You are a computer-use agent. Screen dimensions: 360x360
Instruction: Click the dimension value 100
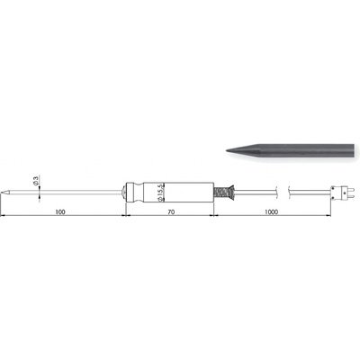click(60, 212)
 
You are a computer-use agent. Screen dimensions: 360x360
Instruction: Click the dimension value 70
click(171, 212)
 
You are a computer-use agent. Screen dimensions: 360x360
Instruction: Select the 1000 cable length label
click(271, 212)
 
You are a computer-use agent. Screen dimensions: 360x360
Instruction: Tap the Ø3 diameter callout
click(36, 181)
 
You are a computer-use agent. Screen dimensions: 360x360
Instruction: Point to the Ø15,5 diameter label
click(160, 192)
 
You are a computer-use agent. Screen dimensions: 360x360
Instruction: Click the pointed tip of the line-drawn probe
click(1, 191)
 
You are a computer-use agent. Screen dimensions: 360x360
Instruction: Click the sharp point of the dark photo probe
click(226, 150)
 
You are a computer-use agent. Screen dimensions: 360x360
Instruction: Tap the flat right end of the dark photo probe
click(354, 150)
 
